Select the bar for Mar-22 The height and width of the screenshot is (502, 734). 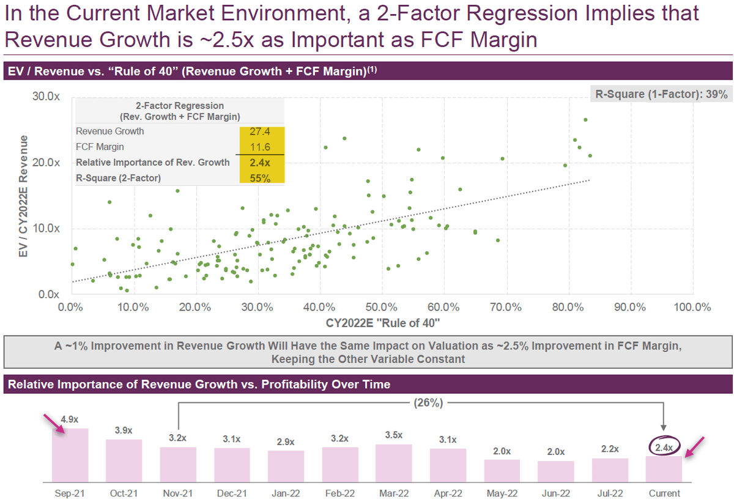click(393, 462)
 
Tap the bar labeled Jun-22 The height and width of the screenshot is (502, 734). click(555, 471)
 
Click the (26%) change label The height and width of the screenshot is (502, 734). click(428, 402)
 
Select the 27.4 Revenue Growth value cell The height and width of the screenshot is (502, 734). click(261, 131)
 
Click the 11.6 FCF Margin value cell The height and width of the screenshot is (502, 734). click(261, 147)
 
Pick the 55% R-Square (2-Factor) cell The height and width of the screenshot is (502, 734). click(261, 179)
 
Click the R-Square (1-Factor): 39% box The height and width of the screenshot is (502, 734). click(661, 94)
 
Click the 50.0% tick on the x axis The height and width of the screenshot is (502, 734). click(382, 306)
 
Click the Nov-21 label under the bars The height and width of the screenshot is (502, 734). click(177, 493)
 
